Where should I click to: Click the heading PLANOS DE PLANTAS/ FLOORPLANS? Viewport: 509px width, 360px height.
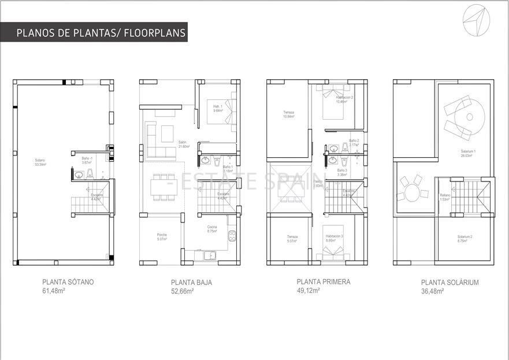tap(101, 33)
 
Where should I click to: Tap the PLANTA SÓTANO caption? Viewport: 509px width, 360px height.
tap(68, 283)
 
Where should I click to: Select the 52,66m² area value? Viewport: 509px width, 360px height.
tap(182, 291)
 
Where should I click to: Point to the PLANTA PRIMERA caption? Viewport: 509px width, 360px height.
tap(323, 282)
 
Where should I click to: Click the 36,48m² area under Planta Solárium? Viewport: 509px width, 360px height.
tap(432, 291)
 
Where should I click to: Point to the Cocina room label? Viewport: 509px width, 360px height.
tap(212, 229)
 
